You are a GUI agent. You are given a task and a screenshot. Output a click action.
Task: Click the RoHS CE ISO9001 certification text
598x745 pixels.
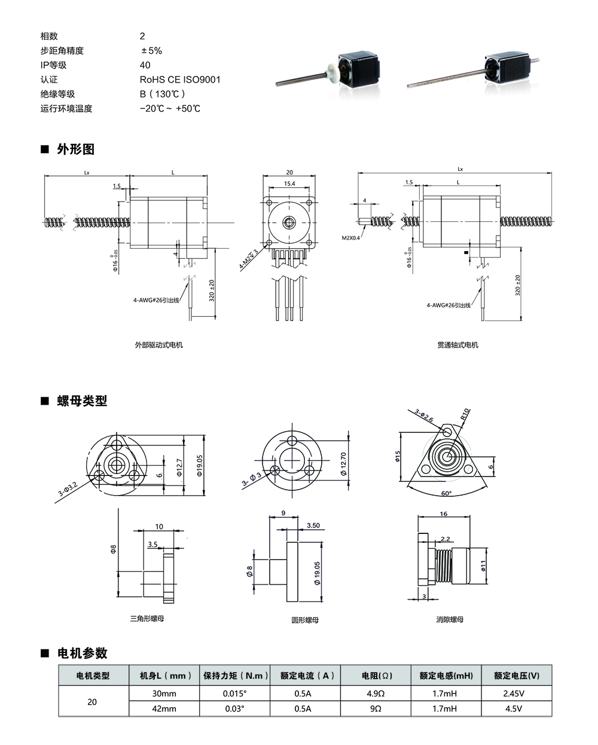[x=180, y=80]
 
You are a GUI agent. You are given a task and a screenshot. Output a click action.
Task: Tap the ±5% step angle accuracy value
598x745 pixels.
[x=151, y=51]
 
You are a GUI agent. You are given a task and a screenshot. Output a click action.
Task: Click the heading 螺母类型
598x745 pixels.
[x=82, y=401]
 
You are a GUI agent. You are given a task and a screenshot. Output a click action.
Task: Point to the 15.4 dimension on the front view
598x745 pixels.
[x=289, y=184]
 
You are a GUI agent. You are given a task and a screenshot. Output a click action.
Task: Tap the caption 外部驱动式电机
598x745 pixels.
[x=158, y=345]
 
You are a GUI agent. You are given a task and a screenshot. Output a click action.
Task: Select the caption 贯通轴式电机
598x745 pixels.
[x=457, y=345]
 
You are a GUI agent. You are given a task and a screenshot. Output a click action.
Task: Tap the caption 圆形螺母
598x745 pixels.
[x=305, y=620]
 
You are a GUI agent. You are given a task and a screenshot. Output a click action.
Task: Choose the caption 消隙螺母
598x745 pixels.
[x=450, y=619]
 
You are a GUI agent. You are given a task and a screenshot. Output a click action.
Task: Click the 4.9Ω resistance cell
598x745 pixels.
[x=375, y=694]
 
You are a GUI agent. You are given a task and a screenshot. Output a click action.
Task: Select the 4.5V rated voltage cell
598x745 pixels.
[x=517, y=709]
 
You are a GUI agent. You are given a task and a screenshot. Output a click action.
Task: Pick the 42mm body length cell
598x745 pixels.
[x=164, y=709]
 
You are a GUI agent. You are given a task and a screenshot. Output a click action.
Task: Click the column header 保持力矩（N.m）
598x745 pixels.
[x=235, y=676]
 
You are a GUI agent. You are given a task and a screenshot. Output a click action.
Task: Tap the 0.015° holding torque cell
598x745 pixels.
[x=234, y=694]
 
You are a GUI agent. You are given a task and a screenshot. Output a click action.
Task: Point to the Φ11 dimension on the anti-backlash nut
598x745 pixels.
[x=483, y=564]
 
